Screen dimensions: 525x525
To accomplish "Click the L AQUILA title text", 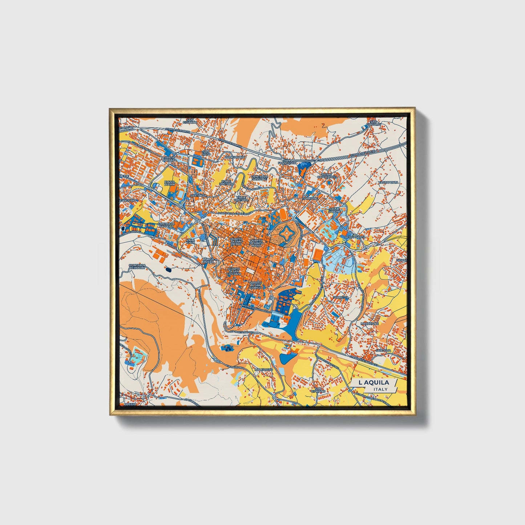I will (373, 383).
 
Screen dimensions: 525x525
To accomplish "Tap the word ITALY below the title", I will (380, 389).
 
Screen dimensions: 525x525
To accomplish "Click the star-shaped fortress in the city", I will (285, 231).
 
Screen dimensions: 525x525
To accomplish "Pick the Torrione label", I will (311, 198).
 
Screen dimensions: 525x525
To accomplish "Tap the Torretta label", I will (340, 297).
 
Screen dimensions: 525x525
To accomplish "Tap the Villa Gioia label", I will (191, 242).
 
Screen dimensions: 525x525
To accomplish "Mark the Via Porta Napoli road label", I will (243, 331).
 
